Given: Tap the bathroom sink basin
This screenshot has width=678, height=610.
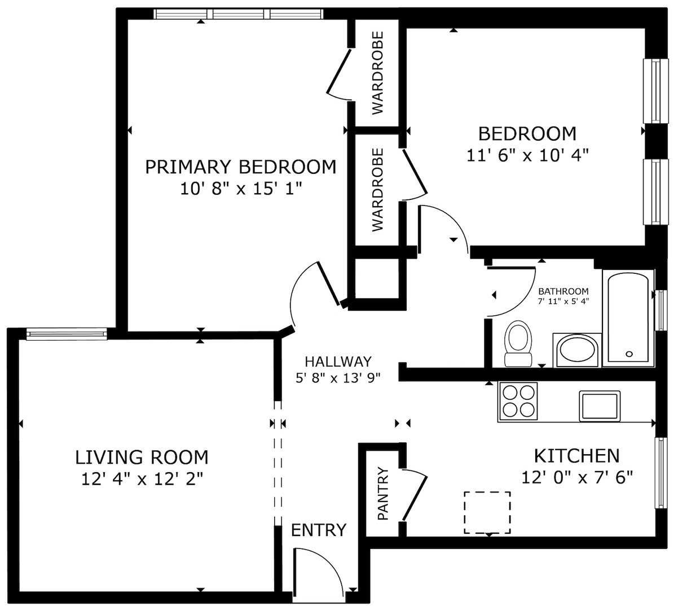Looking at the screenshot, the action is (x=576, y=351).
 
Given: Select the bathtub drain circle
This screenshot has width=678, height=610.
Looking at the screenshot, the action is (x=629, y=354).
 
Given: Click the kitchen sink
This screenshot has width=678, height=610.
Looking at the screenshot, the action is (x=600, y=406).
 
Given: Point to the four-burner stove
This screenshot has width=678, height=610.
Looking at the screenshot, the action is (x=518, y=401).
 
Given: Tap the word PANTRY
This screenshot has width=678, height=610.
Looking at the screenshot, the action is (x=383, y=493).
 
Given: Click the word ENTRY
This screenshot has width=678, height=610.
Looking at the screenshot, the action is (x=319, y=530).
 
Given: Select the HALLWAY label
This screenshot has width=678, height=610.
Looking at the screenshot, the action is (x=338, y=361).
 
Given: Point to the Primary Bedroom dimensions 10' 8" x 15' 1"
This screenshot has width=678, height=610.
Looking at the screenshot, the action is (x=241, y=189).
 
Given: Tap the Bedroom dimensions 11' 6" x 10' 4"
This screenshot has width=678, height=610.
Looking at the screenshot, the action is (x=527, y=155).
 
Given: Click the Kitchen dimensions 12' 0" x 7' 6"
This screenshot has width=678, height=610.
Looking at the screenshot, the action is (x=577, y=477).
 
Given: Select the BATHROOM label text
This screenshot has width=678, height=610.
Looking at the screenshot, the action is (x=563, y=291).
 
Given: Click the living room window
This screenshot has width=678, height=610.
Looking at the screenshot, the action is (x=67, y=334).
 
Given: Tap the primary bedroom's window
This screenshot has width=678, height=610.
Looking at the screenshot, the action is (x=239, y=14).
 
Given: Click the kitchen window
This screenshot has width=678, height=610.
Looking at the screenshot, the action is (x=661, y=473).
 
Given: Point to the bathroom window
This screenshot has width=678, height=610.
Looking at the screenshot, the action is (x=661, y=310).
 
